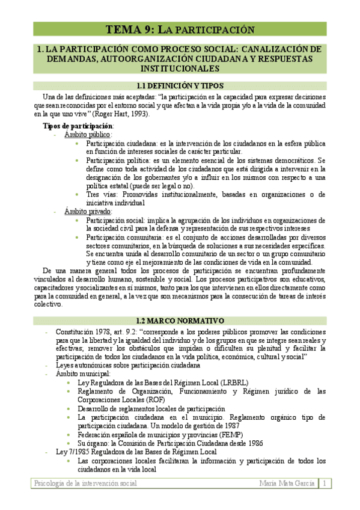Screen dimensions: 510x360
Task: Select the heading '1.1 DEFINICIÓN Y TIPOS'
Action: [x=180, y=86]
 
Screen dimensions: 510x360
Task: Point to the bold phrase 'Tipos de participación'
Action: [x=78, y=126]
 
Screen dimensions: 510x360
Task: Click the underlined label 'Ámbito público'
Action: [x=88, y=135]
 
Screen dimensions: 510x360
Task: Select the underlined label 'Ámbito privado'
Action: [x=88, y=212]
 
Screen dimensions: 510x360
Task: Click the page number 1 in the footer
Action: [x=325, y=484]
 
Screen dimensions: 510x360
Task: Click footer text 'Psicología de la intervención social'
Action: [x=85, y=484]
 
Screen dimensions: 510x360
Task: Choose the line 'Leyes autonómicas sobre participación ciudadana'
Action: [x=127, y=365]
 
